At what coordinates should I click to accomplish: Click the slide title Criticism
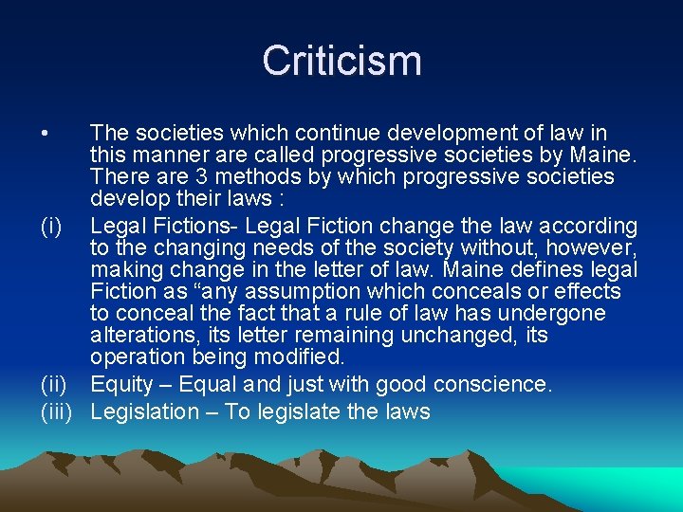pos(341,61)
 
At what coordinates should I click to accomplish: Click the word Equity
pos(123,384)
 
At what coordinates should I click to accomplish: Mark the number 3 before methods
pos(172,177)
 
